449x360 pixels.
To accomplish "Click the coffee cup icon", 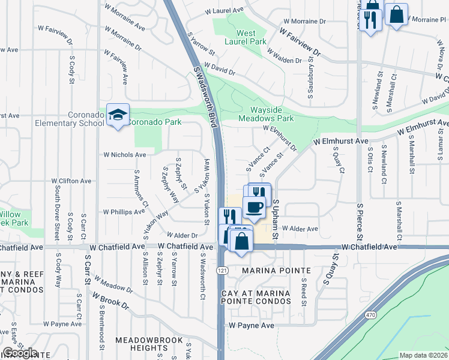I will pyautogui.click(x=254, y=208).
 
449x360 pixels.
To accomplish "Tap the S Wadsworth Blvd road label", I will pyautogui.click(x=204, y=97).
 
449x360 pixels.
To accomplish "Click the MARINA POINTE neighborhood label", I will pyautogui.click(x=276, y=271).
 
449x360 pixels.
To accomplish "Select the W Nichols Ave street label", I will pyautogui.click(x=125, y=155).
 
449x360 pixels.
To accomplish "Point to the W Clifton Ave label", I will pyautogui.click(x=71, y=181).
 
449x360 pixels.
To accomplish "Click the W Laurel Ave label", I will pyautogui.click(x=224, y=11).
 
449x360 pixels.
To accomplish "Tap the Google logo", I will pyautogui.click(x=20, y=353).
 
